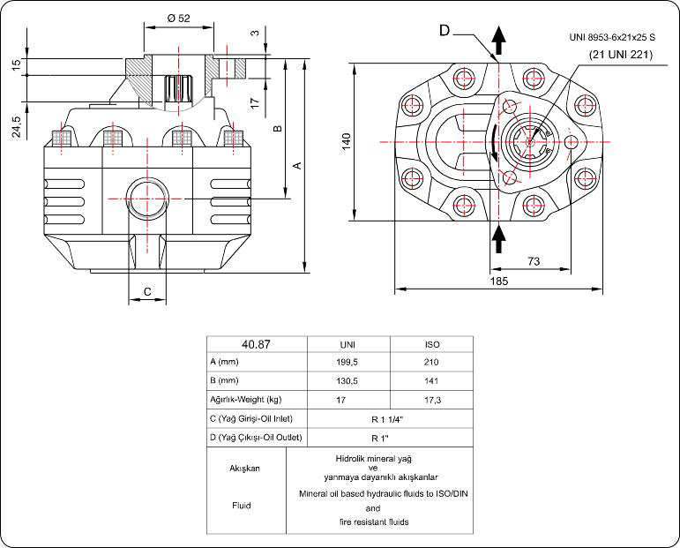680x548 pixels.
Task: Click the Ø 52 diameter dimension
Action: tap(178, 17)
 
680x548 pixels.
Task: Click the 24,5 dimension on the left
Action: tap(17, 126)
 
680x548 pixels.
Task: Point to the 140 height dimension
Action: tap(347, 140)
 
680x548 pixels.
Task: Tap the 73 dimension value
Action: tap(533, 260)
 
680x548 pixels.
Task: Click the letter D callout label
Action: tap(445, 31)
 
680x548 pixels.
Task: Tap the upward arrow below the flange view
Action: tap(498, 236)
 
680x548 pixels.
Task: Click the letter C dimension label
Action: tap(147, 291)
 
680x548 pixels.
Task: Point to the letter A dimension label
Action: tap(297, 165)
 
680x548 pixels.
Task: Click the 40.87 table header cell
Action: tap(255, 344)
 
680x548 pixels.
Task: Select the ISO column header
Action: tap(432, 344)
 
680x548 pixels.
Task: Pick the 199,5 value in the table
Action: tap(347, 362)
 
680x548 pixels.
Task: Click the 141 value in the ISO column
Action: tap(432, 380)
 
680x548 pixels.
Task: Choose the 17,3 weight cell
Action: tap(432, 400)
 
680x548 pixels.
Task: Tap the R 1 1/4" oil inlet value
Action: tap(380, 418)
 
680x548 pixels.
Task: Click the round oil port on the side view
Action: tap(142, 191)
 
